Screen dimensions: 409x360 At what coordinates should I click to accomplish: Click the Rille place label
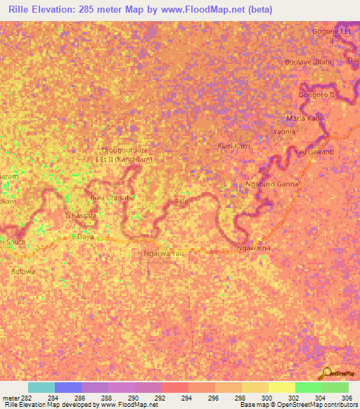(182, 202)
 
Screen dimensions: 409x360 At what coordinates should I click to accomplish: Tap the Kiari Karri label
(233, 146)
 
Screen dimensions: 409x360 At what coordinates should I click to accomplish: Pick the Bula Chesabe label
(111, 197)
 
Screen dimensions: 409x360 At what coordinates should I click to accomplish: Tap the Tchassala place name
(80, 216)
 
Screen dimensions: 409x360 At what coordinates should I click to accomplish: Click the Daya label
(85, 237)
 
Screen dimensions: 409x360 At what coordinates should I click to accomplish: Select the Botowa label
(22, 271)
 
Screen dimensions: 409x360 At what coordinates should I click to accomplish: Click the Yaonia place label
(284, 132)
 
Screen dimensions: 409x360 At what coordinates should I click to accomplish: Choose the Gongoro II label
(319, 93)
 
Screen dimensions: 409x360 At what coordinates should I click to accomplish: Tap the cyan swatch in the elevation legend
(41, 387)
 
